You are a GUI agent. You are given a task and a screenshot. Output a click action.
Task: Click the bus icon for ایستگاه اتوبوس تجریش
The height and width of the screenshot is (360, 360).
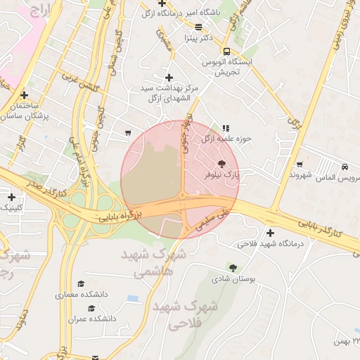click(x=226, y=51)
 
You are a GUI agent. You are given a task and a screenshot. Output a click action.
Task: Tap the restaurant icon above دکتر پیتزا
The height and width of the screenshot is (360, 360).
click(x=198, y=27)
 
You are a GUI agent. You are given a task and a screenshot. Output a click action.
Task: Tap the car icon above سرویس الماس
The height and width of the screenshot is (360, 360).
click(x=345, y=167)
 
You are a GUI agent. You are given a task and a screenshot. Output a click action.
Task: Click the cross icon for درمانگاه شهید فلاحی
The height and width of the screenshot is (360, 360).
click(x=270, y=233)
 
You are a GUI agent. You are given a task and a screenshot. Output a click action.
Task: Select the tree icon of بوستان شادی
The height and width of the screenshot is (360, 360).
click(x=233, y=267)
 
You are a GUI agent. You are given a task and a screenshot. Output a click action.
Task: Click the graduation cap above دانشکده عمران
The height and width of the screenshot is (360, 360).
click(x=91, y=308)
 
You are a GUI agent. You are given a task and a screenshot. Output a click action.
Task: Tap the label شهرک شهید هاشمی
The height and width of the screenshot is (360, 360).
click(x=154, y=262)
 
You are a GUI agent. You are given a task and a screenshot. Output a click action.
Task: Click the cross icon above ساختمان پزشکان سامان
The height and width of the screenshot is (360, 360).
click(x=25, y=95)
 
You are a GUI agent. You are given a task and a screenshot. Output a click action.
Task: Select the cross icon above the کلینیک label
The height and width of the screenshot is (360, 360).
click(x=11, y=197)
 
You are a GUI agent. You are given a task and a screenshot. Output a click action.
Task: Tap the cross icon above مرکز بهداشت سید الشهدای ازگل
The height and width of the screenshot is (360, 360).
click(x=168, y=77)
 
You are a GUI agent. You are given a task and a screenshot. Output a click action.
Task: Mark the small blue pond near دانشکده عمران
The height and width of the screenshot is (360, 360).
click(x=133, y=299)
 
